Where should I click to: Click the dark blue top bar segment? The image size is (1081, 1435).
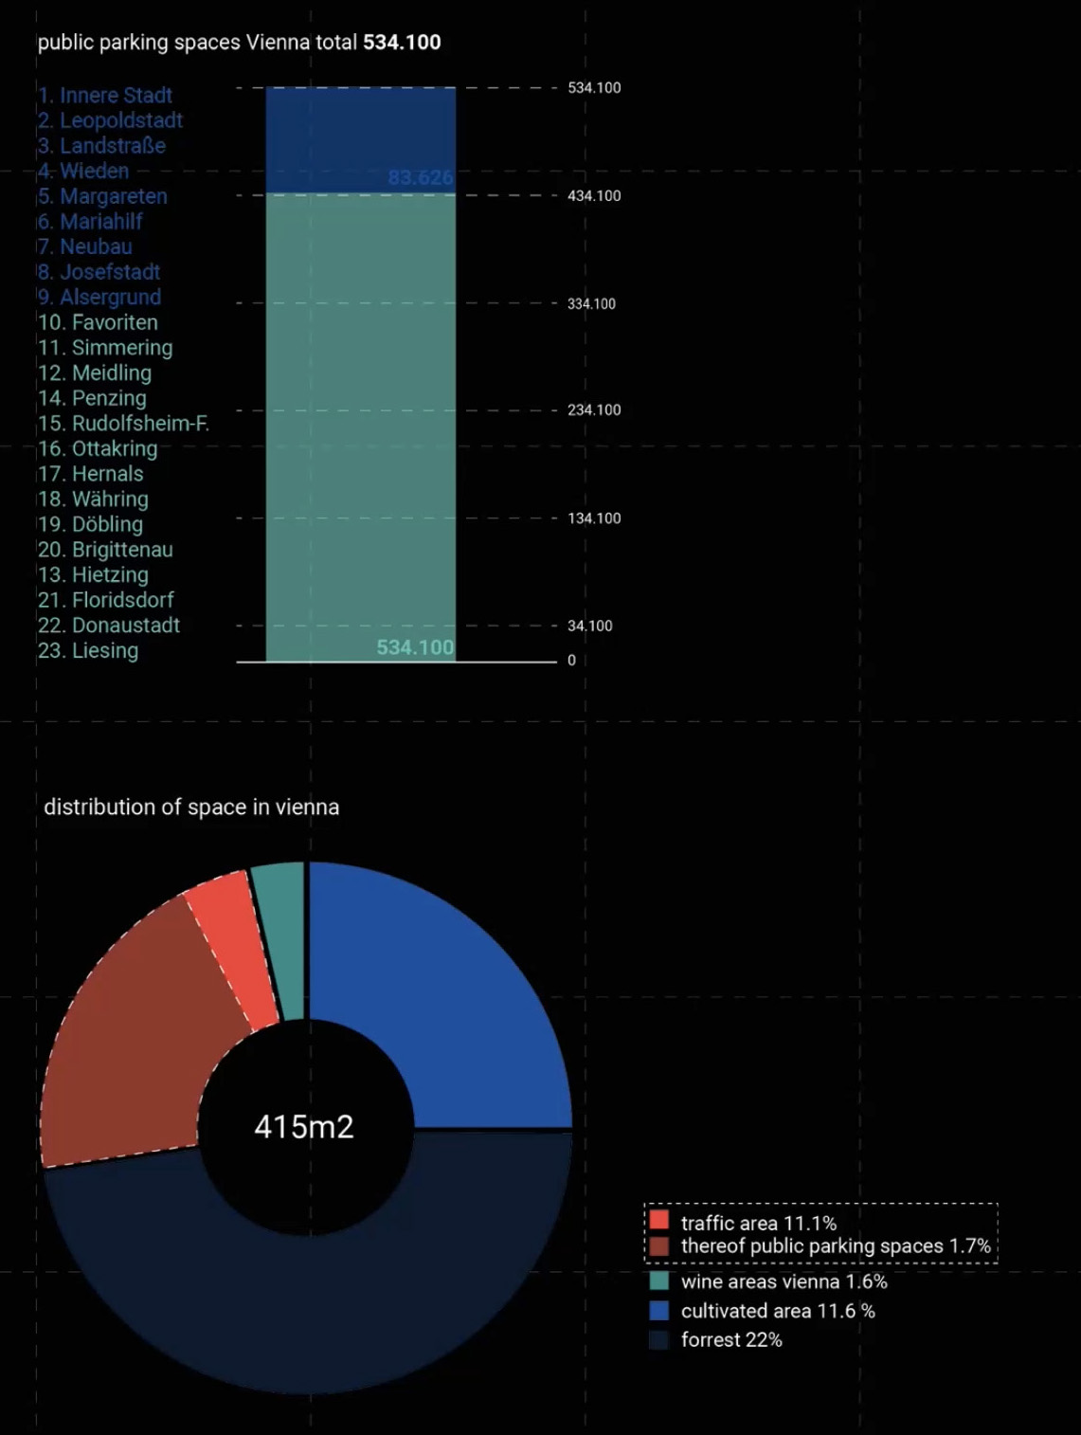[x=360, y=133]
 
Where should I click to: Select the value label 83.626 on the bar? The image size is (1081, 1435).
[x=421, y=177]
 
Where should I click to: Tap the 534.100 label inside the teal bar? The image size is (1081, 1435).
[x=415, y=647]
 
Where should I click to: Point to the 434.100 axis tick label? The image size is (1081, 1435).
[x=594, y=196]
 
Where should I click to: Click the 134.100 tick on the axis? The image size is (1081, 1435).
[x=594, y=518]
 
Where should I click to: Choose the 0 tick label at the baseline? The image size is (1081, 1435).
[x=571, y=661]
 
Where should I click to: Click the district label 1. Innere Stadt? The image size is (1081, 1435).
[x=105, y=96]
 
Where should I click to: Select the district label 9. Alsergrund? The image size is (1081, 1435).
[x=99, y=298]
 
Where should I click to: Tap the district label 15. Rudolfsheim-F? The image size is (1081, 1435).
[x=123, y=424]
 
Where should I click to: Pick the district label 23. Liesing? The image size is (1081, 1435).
[x=88, y=651]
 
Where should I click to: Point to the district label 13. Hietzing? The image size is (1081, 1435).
[x=93, y=575]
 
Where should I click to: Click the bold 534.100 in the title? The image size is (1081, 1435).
[x=402, y=43]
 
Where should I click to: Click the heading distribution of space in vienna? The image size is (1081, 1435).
[x=191, y=808]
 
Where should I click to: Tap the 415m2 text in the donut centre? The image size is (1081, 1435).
[x=304, y=1127]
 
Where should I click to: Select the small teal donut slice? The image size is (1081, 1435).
[x=281, y=938]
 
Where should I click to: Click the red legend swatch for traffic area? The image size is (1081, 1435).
[x=659, y=1221]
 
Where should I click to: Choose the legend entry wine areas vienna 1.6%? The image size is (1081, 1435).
[x=784, y=1282]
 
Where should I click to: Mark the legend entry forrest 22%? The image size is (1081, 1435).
[x=730, y=1340]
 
